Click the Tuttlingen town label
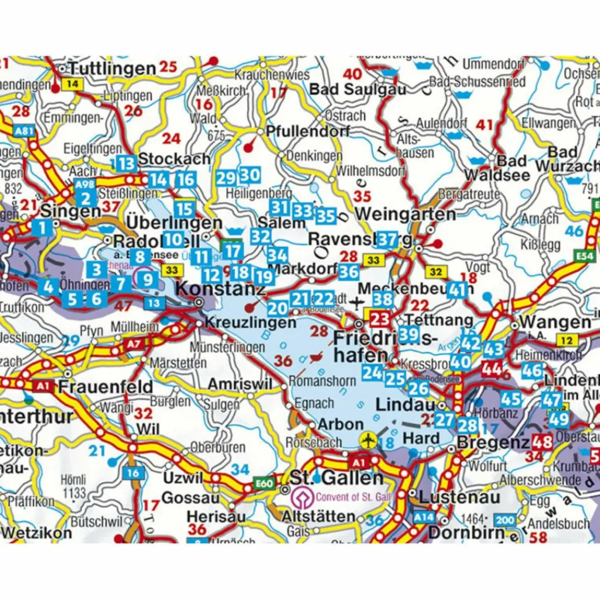click(x=111, y=67)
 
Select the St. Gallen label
click(x=336, y=478)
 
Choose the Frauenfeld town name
click(x=105, y=387)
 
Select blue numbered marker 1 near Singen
click(x=42, y=228)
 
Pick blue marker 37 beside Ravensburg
click(x=387, y=239)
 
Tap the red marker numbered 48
click(x=542, y=442)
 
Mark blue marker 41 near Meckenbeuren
click(x=458, y=289)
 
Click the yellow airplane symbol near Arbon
click(x=368, y=438)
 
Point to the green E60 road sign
click(x=264, y=483)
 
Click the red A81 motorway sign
click(x=24, y=132)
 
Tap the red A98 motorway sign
click(x=84, y=184)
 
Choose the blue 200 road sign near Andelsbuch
click(x=504, y=520)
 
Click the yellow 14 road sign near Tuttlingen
click(x=73, y=84)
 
